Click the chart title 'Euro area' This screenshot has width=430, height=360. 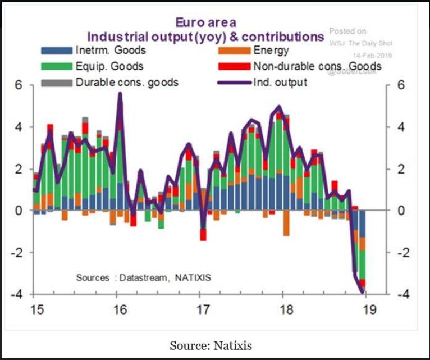pyautogui.click(x=206, y=22)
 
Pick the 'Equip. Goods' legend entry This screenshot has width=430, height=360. pyautogui.click(x=103, y=67)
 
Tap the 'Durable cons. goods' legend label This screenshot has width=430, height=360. pyautogui.click(x=126, y=83)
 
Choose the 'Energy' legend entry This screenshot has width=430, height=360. pyautogui.click(x=271, y=51)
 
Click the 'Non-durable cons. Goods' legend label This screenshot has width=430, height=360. pyautogui.click(x=317, y=67)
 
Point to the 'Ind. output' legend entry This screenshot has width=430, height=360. pyautogui.click(x=280, y=83)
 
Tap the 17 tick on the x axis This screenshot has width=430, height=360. pyautogui.click(x=202, y=308)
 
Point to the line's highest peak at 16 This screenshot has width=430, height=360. pyautogui.click(x=120, y=94)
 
